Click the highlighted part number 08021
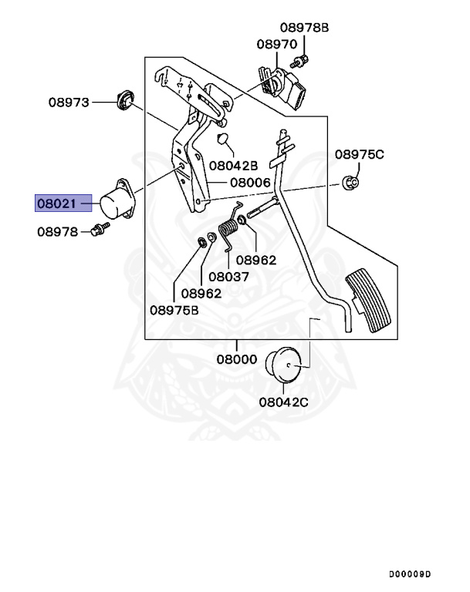[57, 203]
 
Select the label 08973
[69, 102]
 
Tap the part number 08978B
[303, 28]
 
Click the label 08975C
[359, 154]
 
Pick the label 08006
[249, 183]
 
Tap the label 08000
[237, 358]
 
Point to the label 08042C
[283, 401]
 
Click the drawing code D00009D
[409, 575]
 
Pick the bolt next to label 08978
[99, 229]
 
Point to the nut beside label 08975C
[349, 183]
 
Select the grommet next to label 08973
[123, 100]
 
